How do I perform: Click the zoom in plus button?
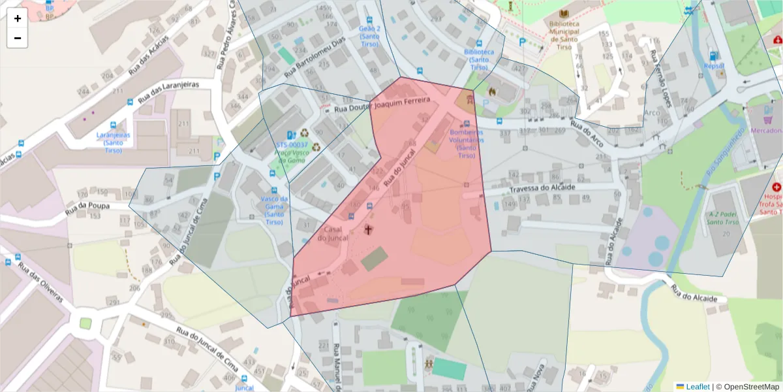pyautogui.click(x=18, y=18)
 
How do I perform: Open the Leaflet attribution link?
pyautogui.click(x=697, y=387)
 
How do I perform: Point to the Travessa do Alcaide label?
pyautogui.click(x=543, y=188)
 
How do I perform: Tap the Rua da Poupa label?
pyautogui.click(x=87, y=208)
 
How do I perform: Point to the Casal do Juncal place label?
pyautogui.click(x=333, y=234)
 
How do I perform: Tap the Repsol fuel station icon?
pyautogui.click(x=713, y=56)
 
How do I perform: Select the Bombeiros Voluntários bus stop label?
pyautogui.click(x=467, y=143)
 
